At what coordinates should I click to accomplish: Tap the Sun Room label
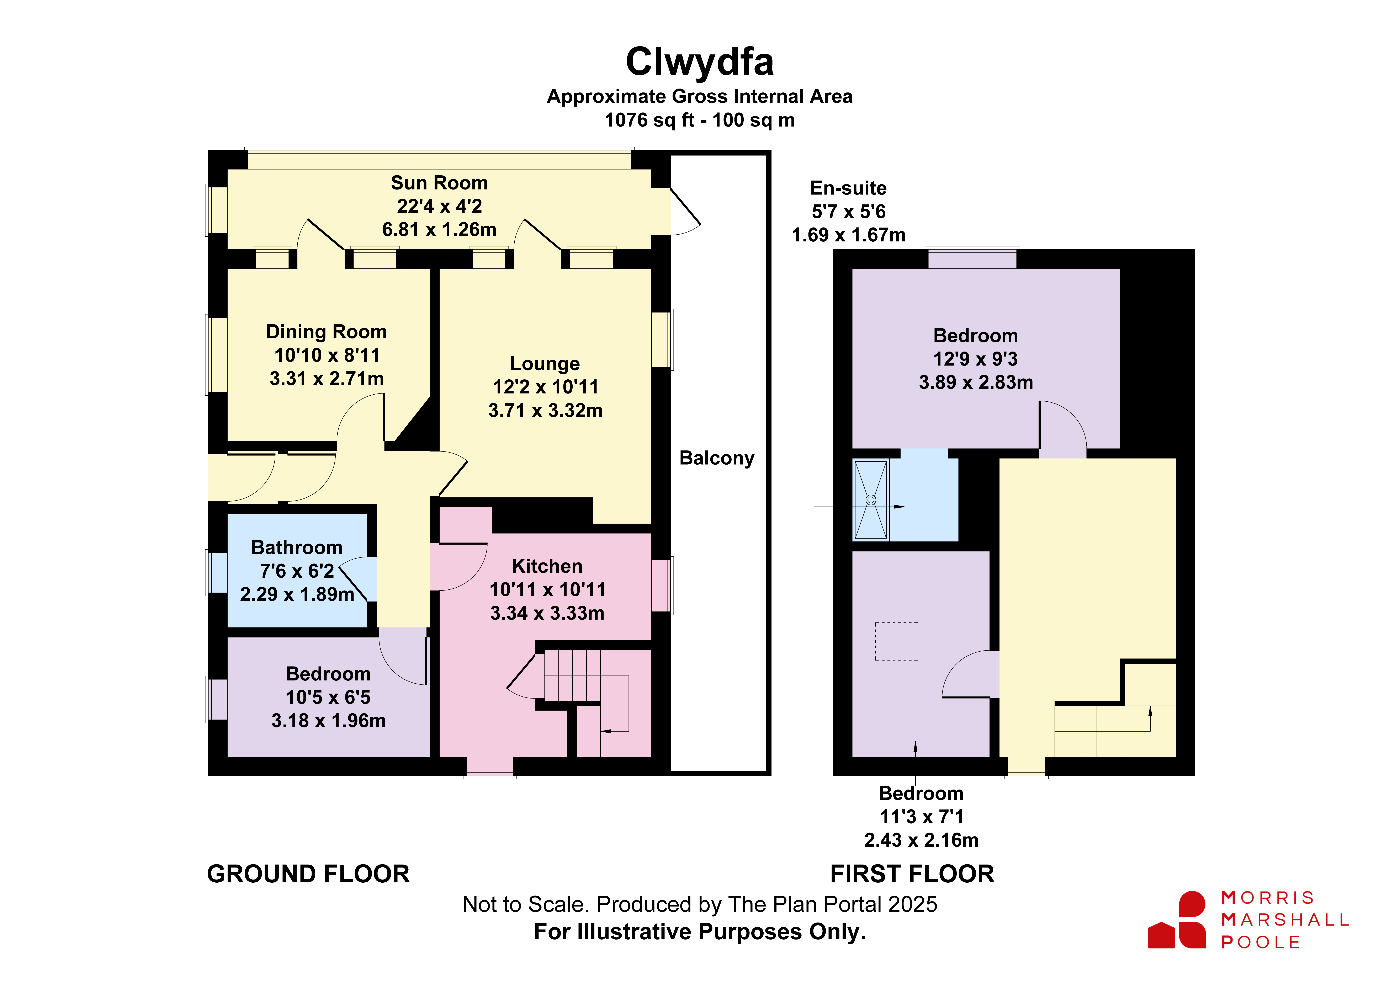click(x=439, y=183)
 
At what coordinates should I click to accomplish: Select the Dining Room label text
click(x=326, y=332)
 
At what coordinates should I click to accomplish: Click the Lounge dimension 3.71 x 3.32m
click(x=545, y=410)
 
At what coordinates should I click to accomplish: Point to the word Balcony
click(x=717, y=458)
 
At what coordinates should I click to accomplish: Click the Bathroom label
click(x=297, y=547)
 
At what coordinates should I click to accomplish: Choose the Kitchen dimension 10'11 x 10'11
click(x=548, y=590)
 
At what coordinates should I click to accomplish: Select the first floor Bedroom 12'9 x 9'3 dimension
click(x=976, y=359)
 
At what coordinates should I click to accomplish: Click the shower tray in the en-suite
click(x=871, y=500)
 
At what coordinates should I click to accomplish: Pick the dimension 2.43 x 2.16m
click(x=921, y=840)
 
